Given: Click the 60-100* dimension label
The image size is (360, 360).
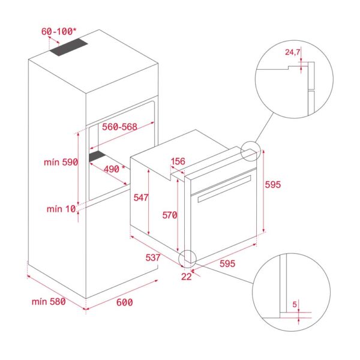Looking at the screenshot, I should pos(58,31).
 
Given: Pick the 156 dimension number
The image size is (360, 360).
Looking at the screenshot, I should pos(178,161).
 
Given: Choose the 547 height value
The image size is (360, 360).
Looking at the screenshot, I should pos(141,197).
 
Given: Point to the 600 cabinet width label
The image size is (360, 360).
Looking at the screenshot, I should pos(124,302).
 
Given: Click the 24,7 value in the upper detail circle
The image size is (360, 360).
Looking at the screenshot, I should pos(293,53).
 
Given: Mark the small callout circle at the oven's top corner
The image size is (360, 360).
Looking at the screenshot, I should pos(251,151).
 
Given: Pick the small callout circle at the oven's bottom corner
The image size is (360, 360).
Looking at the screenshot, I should pos(188,257).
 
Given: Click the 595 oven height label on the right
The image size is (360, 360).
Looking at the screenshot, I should pos(272,185).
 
